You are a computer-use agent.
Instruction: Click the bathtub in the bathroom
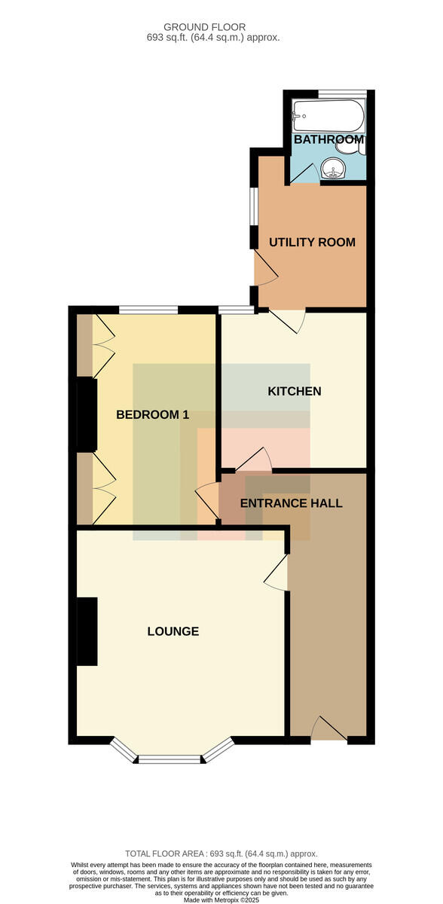coord(328,115)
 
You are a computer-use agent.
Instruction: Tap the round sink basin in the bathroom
coord(332,168)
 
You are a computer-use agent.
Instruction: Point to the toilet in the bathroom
coord(350,148)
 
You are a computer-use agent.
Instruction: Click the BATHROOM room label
coord(328,139)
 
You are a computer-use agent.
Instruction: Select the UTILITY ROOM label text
coord(312,242)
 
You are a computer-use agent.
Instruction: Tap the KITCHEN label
coord(295,391)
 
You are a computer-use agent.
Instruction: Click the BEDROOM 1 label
coord(152,414)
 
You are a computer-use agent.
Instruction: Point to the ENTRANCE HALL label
coord(291,503)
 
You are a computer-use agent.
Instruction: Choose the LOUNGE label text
coord(173,631)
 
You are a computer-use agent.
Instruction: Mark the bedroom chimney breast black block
coord(87,414)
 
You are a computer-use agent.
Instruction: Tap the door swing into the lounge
coord(276,573)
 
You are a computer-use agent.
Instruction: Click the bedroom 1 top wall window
coord(148,310)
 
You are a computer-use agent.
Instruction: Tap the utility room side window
coord(254,206)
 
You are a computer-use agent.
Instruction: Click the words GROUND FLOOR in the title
coord(205,27)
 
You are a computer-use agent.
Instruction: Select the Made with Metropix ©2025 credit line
coord(221,900)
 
